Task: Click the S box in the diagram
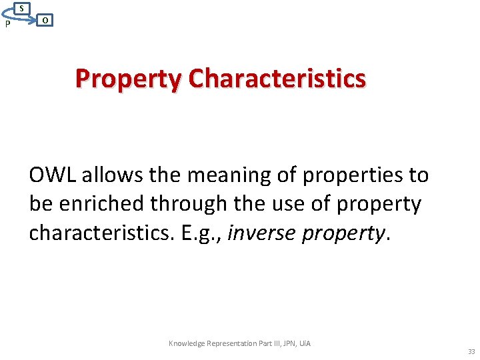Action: pyautogui.click(x=22, y=8)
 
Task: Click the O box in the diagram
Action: pyautogui.click(x=44, y=21)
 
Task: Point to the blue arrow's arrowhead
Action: pyautogui.click(x=34, y=21)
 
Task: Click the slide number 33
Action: pyautogui.click(x=471, y=352)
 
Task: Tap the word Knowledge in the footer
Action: pyautogui.click(x=186, y=343)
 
